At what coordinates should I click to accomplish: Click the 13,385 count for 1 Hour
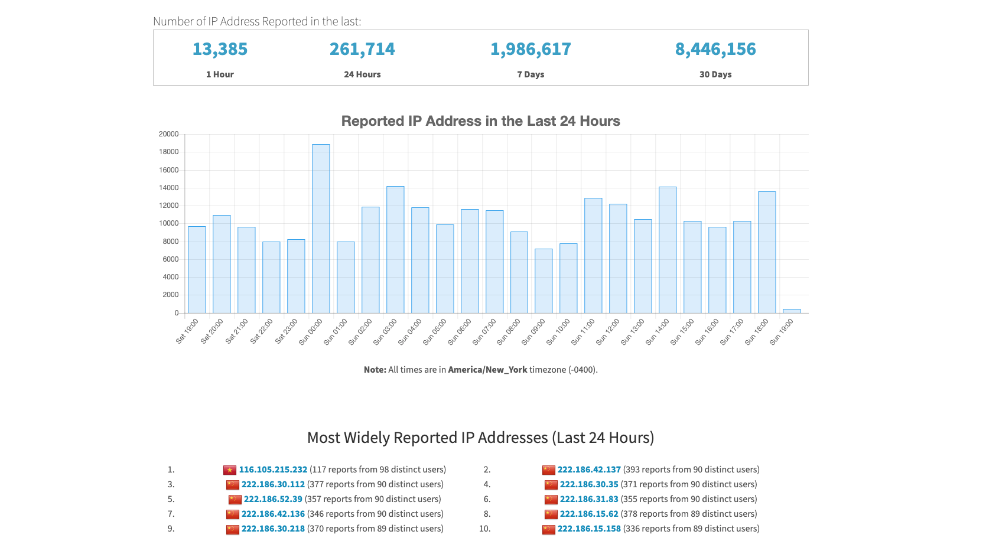pos(220,49)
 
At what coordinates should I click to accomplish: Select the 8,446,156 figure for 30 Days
pos(715,49)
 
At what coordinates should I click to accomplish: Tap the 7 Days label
pos(530,74)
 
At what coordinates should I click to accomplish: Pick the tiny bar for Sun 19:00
pos(791,311)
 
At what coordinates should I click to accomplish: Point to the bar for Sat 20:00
pos(222,264)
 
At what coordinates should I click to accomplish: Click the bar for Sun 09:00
pos(544,281)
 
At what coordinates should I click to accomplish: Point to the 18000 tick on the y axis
pos(168,152)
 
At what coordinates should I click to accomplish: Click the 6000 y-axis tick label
pos(170,259)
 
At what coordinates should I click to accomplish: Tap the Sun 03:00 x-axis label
pos(386,332)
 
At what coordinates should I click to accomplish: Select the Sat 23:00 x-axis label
pos(287,331)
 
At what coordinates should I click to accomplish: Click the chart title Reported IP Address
pos(480,121)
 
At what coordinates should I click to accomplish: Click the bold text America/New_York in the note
pos(487,370)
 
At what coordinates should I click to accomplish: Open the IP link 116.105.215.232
pos(273,470)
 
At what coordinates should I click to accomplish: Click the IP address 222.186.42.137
pos(589,470)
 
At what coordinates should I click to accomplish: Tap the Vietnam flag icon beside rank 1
pos(230,470)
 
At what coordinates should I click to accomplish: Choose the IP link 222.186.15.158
pos(589,529)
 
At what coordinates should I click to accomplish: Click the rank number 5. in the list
pos(171,499)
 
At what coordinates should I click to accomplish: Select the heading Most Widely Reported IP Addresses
pos(480,438)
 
